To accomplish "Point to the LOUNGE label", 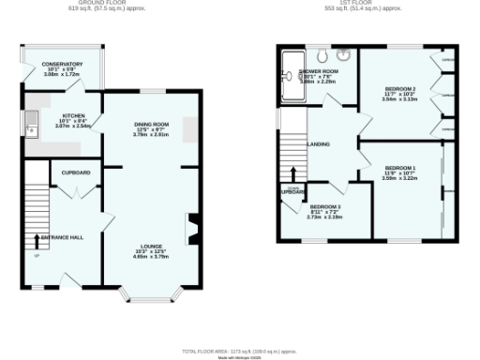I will (x=152, y=247).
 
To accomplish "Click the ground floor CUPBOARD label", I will (x=76, y=173).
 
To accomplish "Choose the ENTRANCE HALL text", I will (x=62, y=237).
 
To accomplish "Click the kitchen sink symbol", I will (x=33, y=122).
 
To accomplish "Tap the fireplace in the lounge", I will (x=194, y=228).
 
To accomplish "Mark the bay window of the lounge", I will (x=150, y=298).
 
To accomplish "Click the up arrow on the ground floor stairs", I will (x=37, y=241).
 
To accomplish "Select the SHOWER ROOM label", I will (x=319, y=72).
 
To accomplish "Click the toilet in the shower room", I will (x=321, y=53).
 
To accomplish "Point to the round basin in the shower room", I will (x=345, y=53).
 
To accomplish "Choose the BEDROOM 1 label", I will (x=400, y=168).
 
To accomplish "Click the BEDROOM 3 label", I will (x=326, y=206).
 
